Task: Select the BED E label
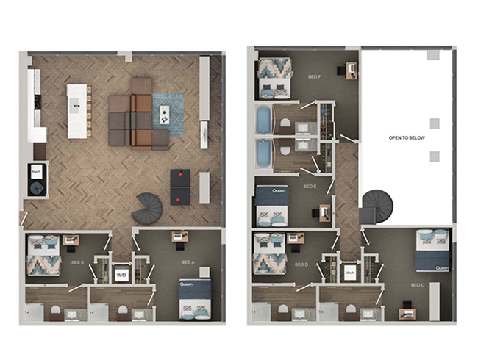(310, 187)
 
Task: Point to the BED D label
(301, 264)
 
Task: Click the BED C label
(418, 284)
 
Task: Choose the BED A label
(188, 262)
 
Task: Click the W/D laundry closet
(121, 276)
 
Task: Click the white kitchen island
(76, 110)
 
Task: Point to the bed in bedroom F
(274, 77)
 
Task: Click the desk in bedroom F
(351, 70)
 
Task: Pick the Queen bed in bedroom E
(273, 205)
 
